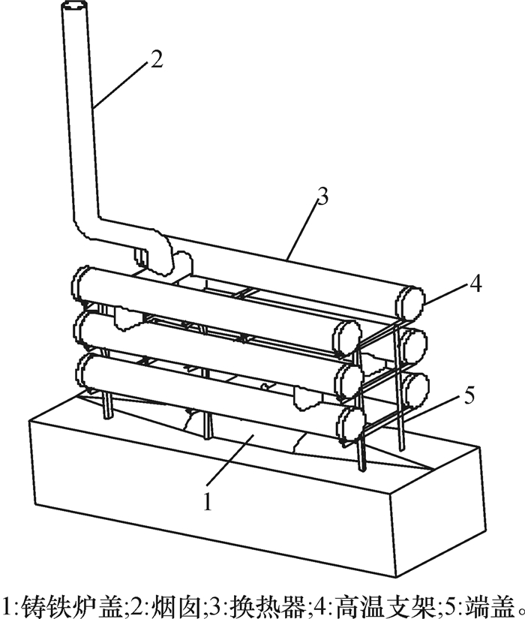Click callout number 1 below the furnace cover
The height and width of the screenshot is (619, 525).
coord(208,501)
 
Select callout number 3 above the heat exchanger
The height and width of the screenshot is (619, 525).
coord(322,197)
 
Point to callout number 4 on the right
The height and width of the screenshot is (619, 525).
coord(476,284)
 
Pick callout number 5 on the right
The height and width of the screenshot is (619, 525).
coord(469,395)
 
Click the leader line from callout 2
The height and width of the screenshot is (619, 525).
coord(121,86)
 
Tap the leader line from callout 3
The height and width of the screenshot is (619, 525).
coord(303,230)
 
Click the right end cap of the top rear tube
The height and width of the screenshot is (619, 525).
coord(411,303)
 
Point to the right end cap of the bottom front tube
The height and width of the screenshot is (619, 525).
coord(349,425)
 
